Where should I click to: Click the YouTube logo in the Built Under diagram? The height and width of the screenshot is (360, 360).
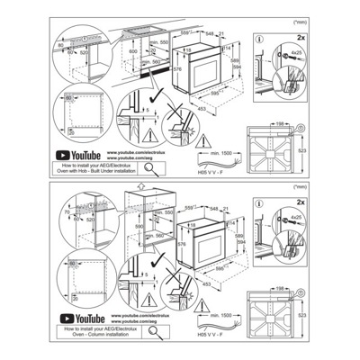[x=76, y=156]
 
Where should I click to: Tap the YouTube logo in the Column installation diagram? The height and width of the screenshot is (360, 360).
[x=76, y=317]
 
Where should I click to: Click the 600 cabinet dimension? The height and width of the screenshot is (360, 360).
[x=133, y=51]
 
